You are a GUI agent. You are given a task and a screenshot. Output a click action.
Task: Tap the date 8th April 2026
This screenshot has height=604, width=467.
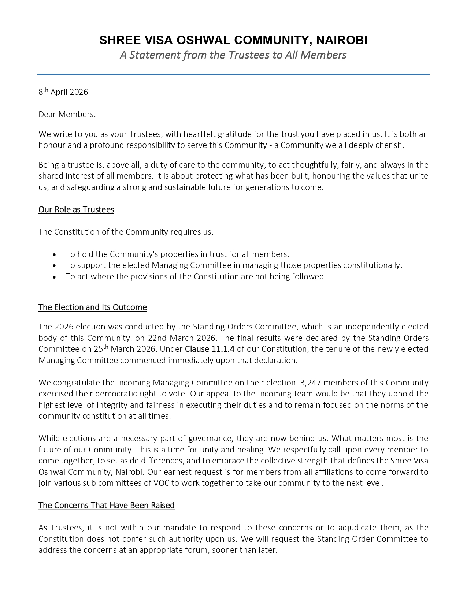63,92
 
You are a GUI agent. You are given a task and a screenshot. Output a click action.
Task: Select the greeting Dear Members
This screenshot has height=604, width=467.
67,114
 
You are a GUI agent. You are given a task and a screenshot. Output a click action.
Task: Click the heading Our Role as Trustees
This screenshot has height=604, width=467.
76,210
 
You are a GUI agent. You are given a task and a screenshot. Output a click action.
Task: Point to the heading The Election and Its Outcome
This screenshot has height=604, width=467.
93,307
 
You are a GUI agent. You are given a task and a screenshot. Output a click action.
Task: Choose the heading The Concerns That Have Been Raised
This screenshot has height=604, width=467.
107,506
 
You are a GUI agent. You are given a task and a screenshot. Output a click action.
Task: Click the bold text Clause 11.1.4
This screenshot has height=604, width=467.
210,349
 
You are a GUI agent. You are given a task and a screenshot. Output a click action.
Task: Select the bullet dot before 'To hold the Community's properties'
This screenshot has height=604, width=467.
55,255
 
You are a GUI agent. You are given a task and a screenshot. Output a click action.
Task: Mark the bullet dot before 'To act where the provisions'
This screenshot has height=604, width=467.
55,277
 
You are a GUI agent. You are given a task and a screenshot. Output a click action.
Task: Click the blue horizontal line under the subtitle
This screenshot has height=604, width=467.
233,74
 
